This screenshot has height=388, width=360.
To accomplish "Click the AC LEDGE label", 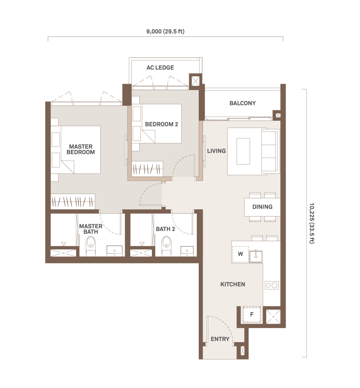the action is coord(160,67).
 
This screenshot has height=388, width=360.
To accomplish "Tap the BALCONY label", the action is coord(243,103).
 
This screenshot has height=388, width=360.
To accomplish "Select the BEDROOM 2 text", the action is coord(162,124).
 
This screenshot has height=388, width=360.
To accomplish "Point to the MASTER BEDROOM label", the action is coord(81,149).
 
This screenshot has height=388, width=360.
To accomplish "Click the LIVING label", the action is coord(217,151).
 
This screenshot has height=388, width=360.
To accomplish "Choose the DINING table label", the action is coord(262,207).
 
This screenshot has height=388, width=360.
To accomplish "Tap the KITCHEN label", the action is coord(233,284).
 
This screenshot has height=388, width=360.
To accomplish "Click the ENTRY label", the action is coord(220,339).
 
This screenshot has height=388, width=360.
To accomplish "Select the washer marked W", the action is coord(240,254).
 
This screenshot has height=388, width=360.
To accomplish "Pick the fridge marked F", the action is coord(252,314).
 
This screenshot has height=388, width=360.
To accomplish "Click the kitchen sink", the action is coord(256,256).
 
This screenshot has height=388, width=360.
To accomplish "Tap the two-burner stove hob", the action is coord(272,286).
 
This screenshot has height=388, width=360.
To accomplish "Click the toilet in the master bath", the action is coord(91,246).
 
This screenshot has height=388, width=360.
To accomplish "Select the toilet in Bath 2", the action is coord(167,246).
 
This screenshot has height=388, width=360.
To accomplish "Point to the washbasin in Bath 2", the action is coord(187,251).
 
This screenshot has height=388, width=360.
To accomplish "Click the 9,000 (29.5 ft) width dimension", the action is coord(165,31).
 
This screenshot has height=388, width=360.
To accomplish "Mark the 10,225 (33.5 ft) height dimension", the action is coord(312,224).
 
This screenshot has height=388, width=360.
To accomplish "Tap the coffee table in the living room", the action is coord(243,151).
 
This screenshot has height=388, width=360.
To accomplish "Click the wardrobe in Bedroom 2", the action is coord(147,169).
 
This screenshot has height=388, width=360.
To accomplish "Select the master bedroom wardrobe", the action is coord(73,202).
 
